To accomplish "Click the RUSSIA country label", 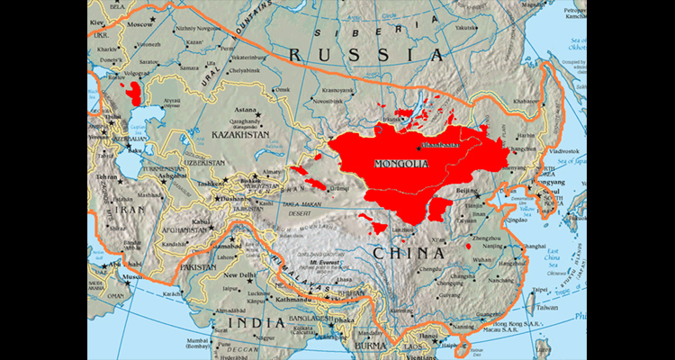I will pos(364,54).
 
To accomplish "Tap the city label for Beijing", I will pos(468,192).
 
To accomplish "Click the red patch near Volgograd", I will pos(135,93).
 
